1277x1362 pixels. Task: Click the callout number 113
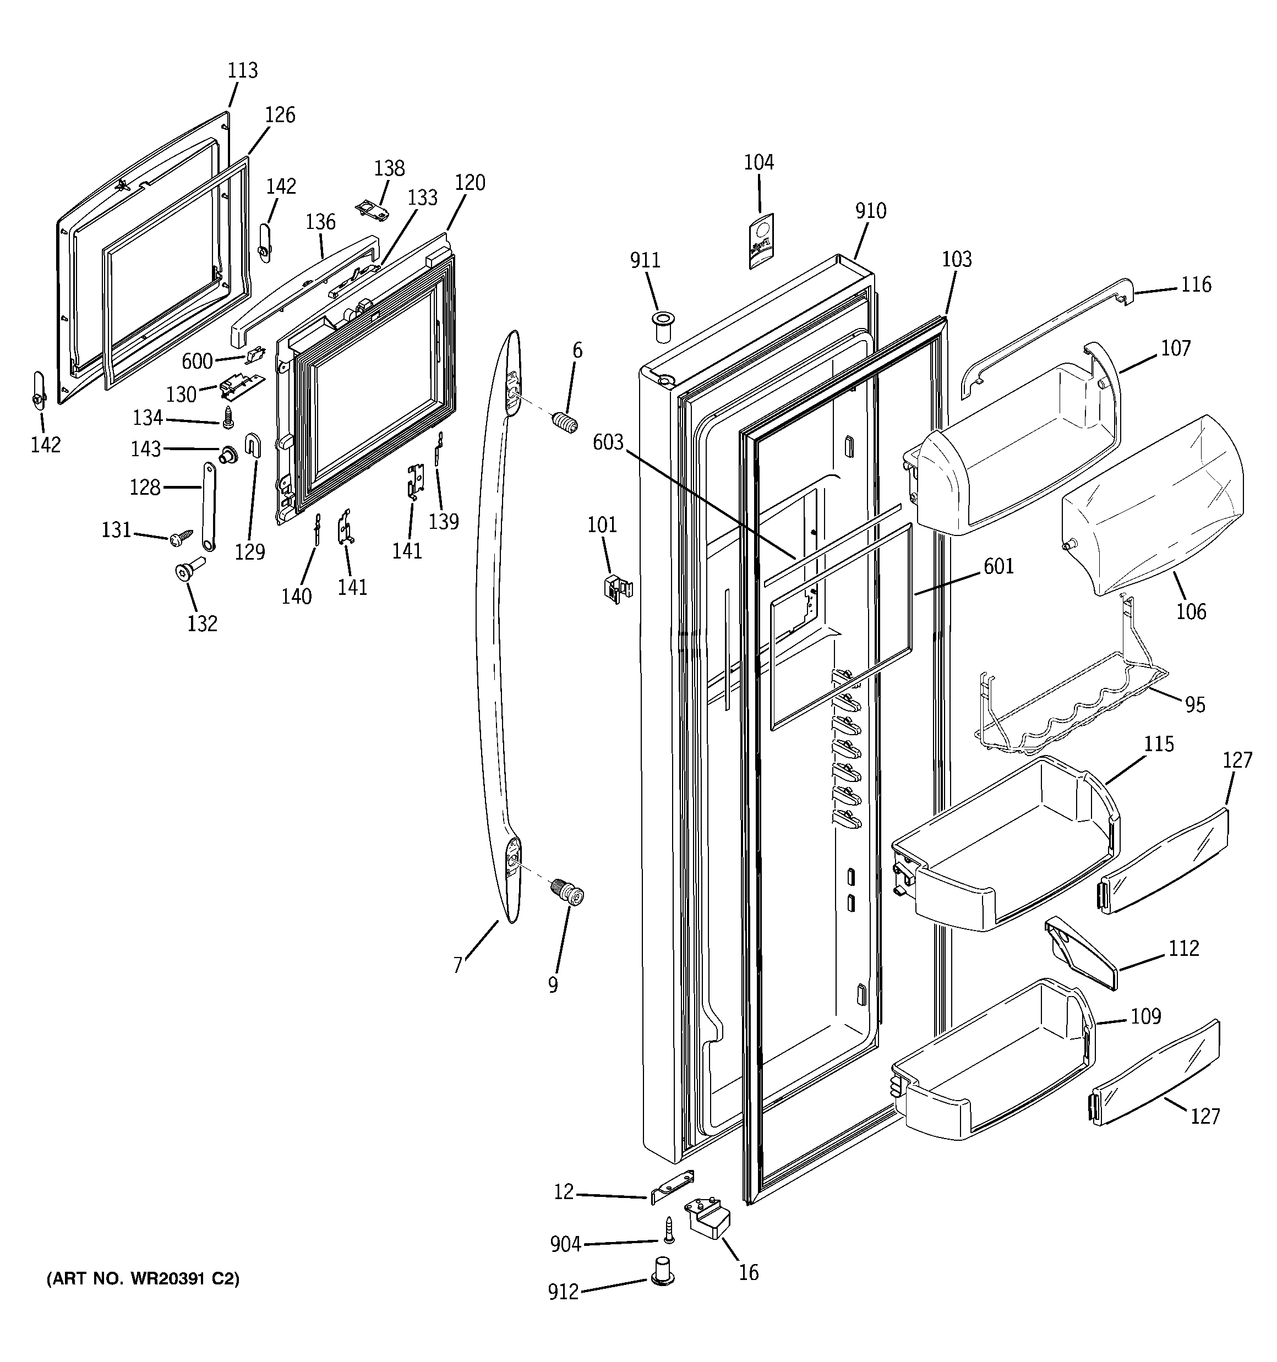pyautogui.click(x=243, y=70)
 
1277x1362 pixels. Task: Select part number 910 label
pyautogui.click(x=871, y=211)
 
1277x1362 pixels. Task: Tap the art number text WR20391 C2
pyautogui.click(x=143, y=1278)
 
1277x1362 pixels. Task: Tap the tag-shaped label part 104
pyautogui.click(x=760, y=240)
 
